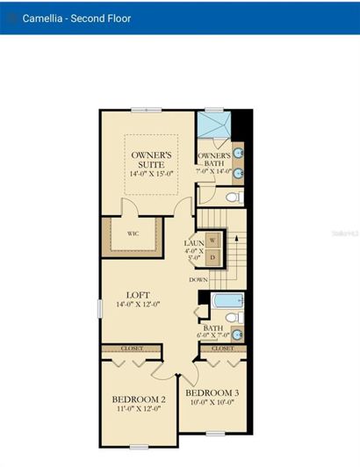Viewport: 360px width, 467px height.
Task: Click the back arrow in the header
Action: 11,18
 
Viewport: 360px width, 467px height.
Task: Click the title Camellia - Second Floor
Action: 77,18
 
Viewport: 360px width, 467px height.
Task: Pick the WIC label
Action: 133,234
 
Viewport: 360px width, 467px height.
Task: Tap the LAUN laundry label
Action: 194,243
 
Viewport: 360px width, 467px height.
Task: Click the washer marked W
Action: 212,241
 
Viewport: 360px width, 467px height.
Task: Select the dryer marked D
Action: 212,257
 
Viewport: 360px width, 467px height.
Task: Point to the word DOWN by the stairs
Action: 198,280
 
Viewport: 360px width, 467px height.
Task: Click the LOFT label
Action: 139,295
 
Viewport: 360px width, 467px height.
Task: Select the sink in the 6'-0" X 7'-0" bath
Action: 235,334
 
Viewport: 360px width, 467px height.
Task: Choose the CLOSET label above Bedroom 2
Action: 131,348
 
